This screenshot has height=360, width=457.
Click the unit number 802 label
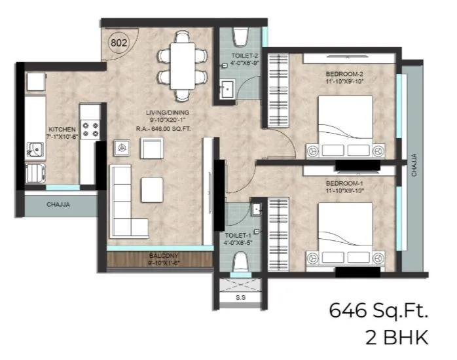[x=119, y=43]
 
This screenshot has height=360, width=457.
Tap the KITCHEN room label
[x=62, y=130]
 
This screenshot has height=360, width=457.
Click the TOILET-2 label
[x=242, y=57]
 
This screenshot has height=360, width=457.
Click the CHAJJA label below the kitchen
[x=60, y=205]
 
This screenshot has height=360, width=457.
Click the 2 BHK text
[x=397, y=338]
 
